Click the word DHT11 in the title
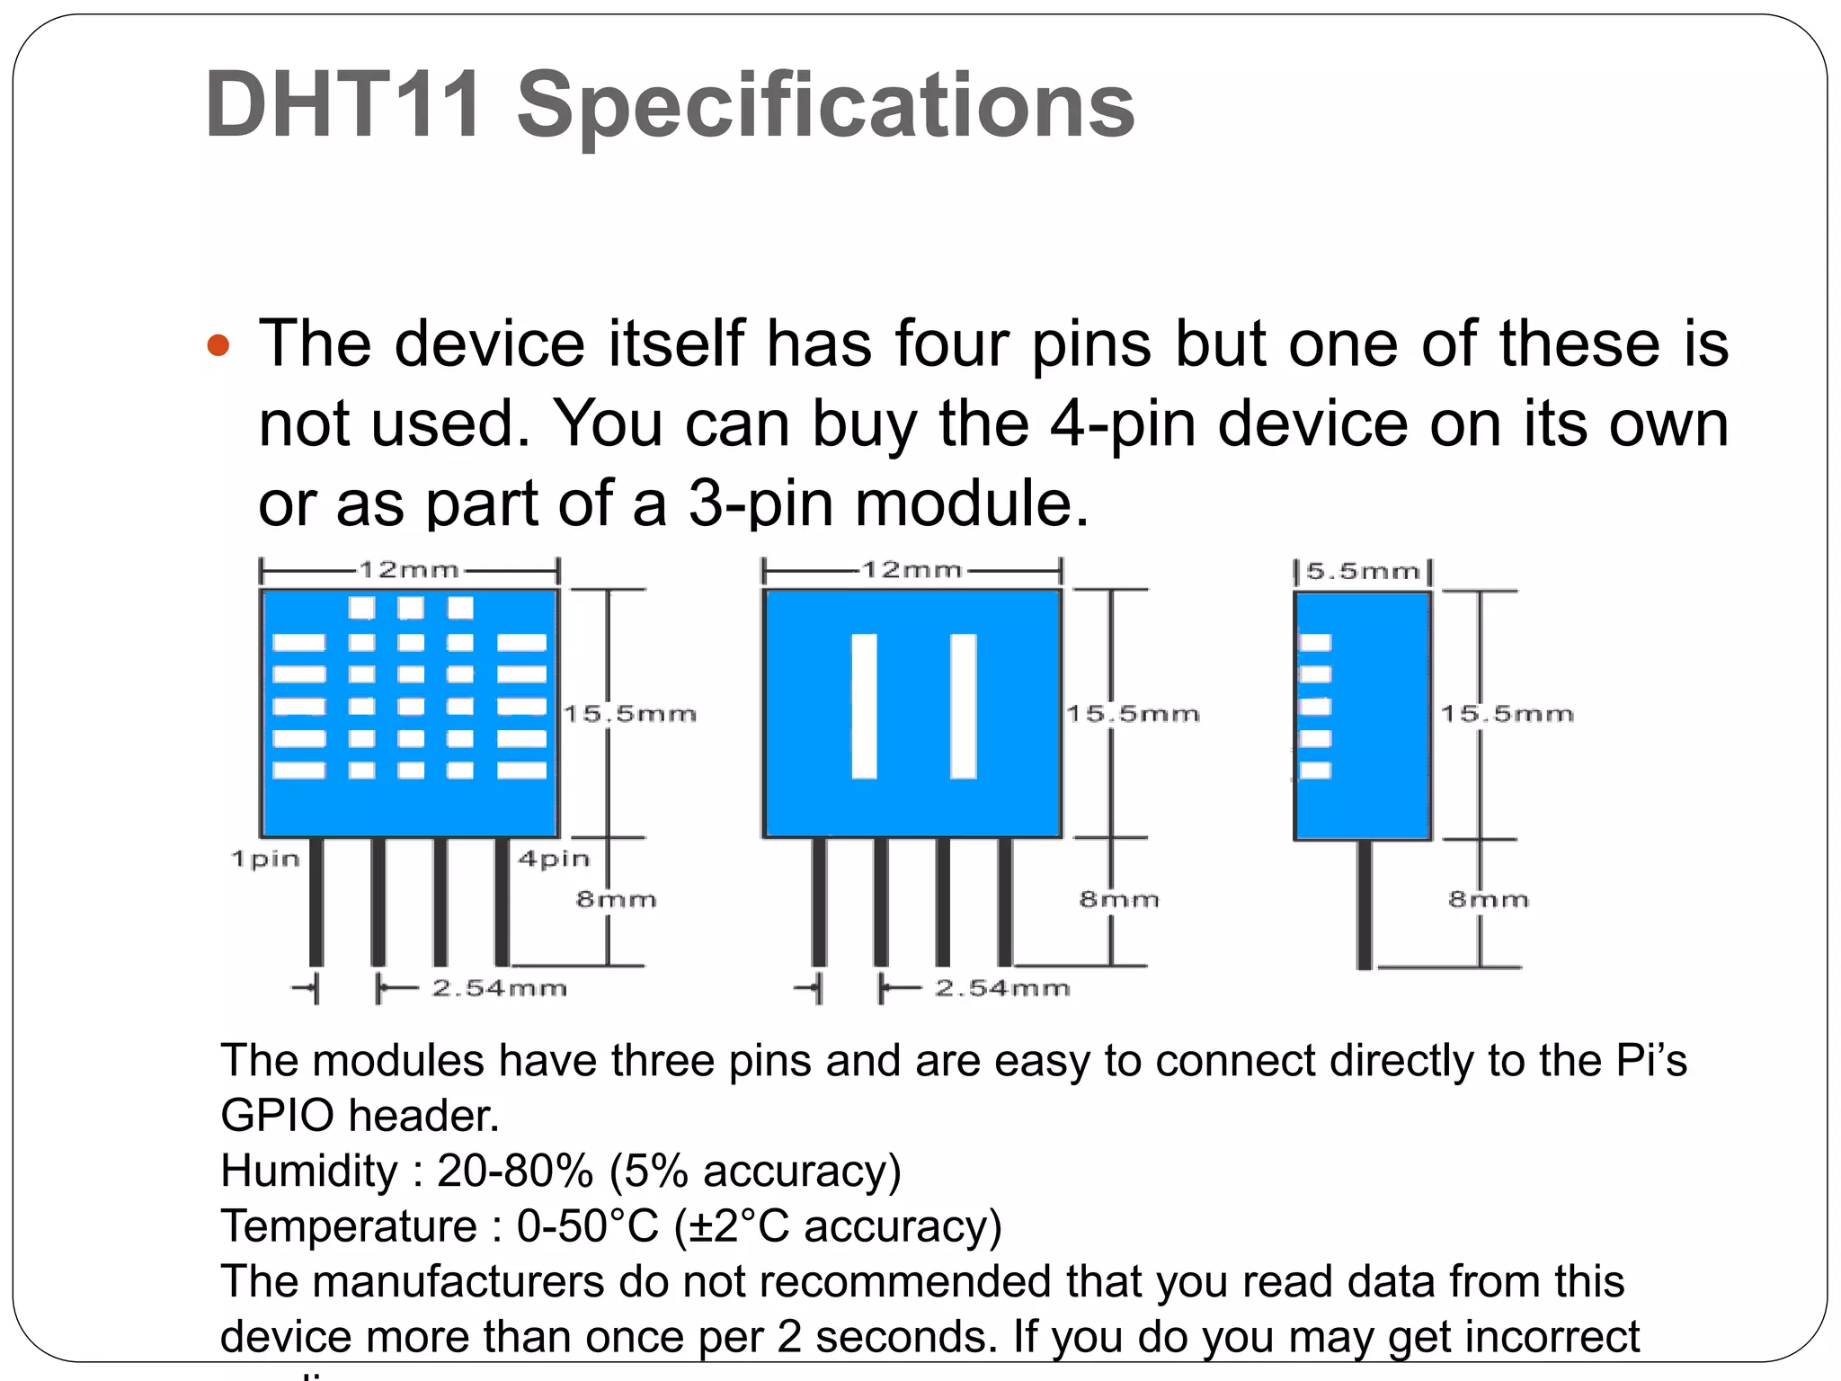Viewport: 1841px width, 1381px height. [342, 105]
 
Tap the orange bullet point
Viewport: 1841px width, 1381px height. [218, 345]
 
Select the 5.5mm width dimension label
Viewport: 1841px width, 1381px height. [1362, 572]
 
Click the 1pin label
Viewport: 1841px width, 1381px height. [265, 859]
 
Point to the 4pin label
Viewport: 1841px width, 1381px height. [554, 859]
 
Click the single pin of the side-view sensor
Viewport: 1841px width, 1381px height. [1365, 904]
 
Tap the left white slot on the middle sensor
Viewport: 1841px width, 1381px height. [865, 706]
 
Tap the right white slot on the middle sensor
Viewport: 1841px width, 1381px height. [964, 706]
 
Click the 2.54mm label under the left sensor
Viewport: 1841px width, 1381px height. [499, 988]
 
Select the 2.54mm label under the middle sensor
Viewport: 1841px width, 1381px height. [1002, 988]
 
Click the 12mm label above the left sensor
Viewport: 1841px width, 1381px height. [409, 570]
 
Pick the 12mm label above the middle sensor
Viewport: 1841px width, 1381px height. [912, 570]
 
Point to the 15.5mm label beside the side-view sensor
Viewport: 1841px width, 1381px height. [1507, 714]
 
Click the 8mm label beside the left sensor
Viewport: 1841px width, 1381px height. [617, 899]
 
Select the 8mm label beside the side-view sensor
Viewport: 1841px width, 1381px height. [1489, 899]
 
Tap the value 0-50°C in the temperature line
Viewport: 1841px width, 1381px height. [589, 1226]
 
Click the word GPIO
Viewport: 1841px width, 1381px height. [279, 1116]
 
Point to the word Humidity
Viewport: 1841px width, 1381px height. [308, 1171]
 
